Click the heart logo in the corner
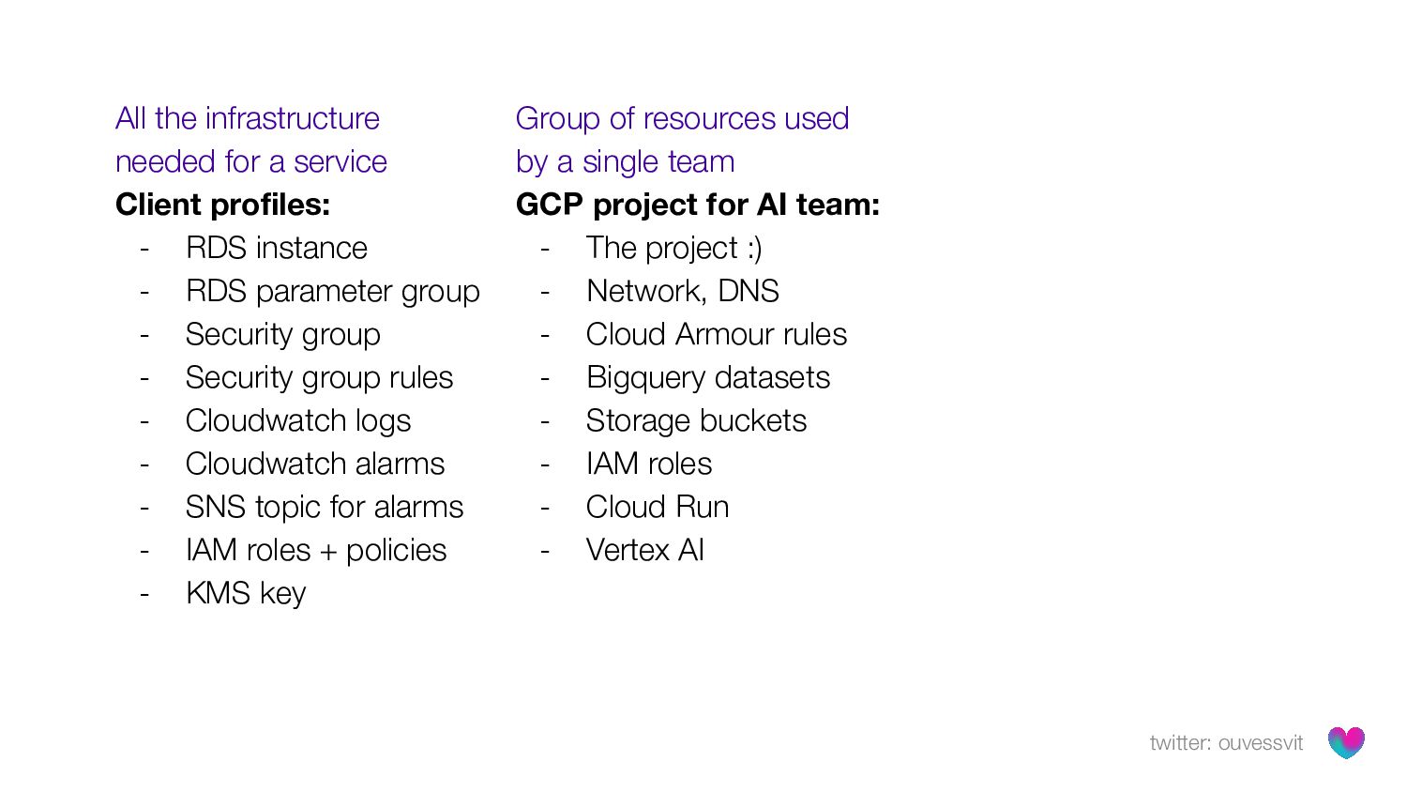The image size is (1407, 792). pos(1346,742)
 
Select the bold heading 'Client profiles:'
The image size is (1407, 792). pos(222,205)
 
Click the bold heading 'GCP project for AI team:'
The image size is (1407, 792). pos(698,205)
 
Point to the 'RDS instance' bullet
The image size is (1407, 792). pos(276,248)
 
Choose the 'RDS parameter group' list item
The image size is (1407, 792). pos(332,291)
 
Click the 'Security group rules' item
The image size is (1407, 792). pos(319,377)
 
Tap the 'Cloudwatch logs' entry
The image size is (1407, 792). pos(297,420)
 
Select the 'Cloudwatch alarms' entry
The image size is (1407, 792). pos(314,464)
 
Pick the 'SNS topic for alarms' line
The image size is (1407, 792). pos(324,507)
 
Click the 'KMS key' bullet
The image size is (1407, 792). pos(246,593)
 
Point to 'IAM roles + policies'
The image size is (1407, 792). pos(315,550)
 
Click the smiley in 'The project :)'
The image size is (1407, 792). pos(755,248)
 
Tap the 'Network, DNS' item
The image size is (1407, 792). pos(682,291)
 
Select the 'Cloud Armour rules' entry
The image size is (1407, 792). pos(716,334)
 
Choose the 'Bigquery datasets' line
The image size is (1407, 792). pos(707,377)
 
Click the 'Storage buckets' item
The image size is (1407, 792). pos(696,420)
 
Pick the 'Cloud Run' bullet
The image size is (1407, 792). pos(657,507)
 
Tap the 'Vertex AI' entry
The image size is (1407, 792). pos(644,550)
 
